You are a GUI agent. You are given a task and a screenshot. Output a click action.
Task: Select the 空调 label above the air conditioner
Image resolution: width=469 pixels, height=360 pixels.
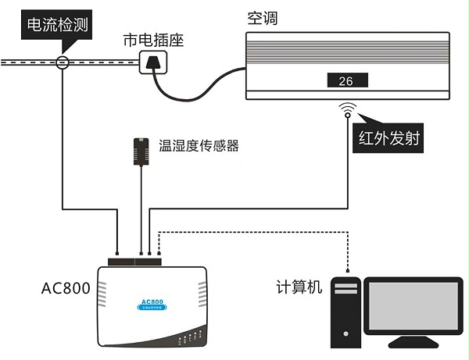263,18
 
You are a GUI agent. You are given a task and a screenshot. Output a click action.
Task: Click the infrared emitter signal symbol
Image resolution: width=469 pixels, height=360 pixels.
346,110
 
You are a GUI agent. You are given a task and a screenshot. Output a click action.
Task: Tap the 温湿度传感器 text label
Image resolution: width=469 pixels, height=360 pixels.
199,145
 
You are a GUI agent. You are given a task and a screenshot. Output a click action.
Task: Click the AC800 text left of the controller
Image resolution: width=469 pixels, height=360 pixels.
66,288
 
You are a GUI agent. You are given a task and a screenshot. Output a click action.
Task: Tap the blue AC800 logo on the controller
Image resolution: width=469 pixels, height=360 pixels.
152,302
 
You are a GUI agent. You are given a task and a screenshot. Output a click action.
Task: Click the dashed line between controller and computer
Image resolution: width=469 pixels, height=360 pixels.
258,231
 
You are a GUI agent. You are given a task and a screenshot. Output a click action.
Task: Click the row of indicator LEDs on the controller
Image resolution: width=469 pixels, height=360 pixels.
188,339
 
